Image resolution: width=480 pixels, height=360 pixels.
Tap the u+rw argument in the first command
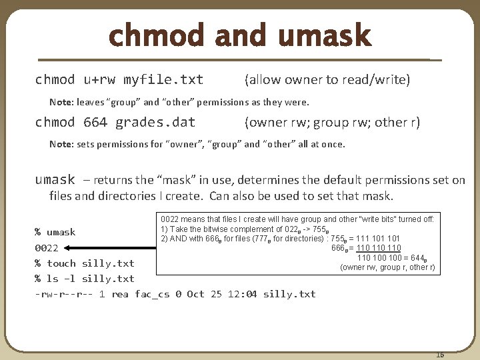[x=99, y=81]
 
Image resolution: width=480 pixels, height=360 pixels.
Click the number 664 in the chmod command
[x=95, y=123]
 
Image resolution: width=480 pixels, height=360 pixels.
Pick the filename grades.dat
[x=155, y=123]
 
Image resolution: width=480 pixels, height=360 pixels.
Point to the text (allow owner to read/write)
[x=327, y=80]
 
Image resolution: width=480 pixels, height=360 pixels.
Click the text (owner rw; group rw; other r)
[x=332, y=123]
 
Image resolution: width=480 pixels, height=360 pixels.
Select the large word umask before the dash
[x=55, y=179]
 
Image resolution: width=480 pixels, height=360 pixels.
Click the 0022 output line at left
[x=46, y=248]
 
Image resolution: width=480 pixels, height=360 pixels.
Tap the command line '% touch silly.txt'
[x=85, y=263]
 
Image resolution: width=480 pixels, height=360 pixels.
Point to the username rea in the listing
[x=120, y=294]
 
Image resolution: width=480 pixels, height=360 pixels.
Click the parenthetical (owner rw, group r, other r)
[x=387, y=267]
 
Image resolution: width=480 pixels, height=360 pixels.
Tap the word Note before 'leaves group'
[x=61, y=103]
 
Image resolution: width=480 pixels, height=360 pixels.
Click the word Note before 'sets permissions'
[x=61, y=144]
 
